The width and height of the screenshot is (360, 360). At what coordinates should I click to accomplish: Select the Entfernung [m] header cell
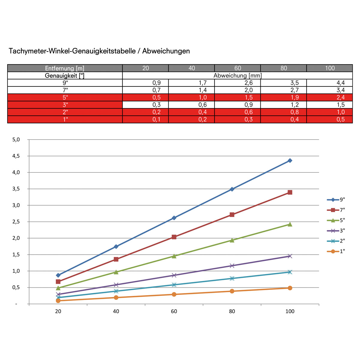click(65, 68)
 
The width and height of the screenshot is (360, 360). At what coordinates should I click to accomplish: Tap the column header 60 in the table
click(238, 68)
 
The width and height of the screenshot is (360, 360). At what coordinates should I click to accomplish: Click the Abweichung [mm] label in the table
click(238, 76)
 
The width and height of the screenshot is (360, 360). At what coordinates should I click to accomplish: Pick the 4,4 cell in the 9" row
click(340, 83)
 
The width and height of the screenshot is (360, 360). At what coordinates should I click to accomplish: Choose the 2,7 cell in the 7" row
click(295, 90)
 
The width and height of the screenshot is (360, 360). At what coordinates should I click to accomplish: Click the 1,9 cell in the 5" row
click(295, 97)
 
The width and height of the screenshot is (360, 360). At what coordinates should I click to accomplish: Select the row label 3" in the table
click(65, 105)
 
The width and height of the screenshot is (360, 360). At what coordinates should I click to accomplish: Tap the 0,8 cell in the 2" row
click(295, 112)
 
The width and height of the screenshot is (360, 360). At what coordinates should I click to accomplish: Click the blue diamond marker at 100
click(290, 160)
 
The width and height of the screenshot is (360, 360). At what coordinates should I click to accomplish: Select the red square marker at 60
click(174, 237)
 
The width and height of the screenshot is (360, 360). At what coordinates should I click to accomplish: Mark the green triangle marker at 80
click(232, 240)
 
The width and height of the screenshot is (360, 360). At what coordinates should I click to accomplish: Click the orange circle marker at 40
click(116, 297)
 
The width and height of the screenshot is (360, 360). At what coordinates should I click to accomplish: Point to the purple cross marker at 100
click(290, 256)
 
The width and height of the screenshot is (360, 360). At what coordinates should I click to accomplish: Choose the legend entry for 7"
click(336, 210)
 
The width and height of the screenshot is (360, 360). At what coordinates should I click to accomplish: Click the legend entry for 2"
click(336, 241)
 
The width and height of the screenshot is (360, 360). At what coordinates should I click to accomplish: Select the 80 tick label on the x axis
click(232, 311)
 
